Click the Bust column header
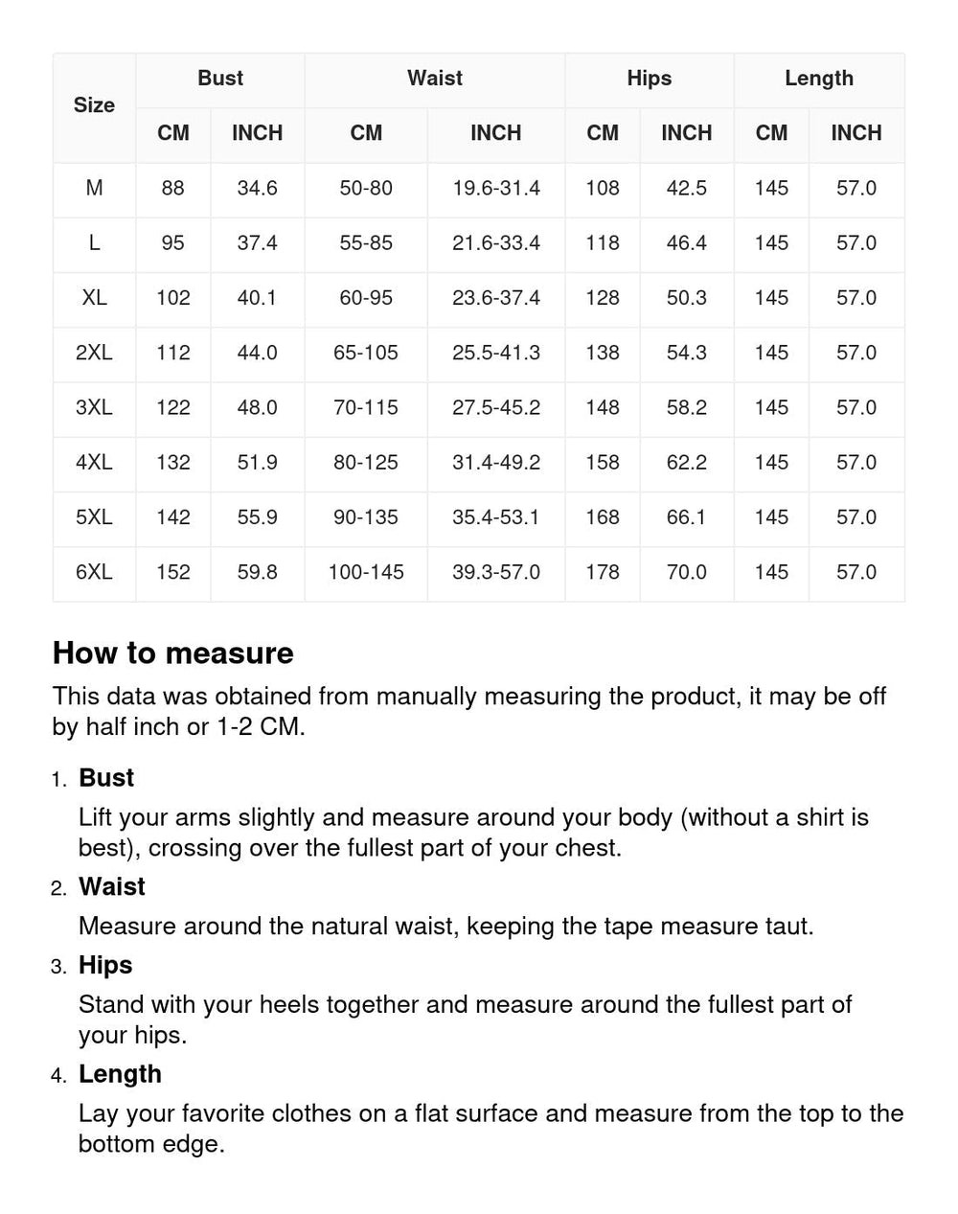click(x=220, y=79)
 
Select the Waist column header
click(x=435, y=79)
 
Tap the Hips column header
click(x=650, y=79)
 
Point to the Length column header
click(x=819, y=79)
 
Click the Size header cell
click(x=94, y=105)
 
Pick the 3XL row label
click(x=94, y=407)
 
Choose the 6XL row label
click(x=94, y=572)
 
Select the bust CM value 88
click(x=173, y=188)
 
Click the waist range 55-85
click(x=366, y=242)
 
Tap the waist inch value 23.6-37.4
click(x=496, y=298)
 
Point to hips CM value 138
click(x=603, y=353)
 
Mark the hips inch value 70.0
click(x=687, y=572)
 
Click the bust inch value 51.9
click(x=258, y=462)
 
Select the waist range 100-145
click(x=366, y=572)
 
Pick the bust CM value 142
click(x=173, y=517)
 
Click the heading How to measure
click(x=173, y=653)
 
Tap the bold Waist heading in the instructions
click(x=112, y=886)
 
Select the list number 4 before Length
click(x=59, y=1075)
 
